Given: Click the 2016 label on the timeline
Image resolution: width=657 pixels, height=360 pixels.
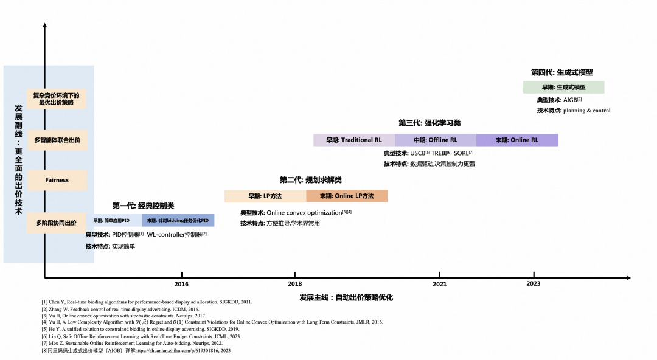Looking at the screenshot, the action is point(181,284).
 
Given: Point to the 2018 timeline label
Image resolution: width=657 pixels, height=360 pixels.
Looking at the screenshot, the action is point(295,284).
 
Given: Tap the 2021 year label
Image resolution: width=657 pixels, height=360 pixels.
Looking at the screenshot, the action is point(439,284).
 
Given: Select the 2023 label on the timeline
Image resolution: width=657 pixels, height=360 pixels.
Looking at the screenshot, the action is point(534,284).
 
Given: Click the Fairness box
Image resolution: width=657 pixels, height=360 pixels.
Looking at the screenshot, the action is point(57,180).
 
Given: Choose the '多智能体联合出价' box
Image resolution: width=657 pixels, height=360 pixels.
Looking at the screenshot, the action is point(57,140).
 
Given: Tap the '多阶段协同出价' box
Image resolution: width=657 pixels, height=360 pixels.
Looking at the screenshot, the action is point(57,223).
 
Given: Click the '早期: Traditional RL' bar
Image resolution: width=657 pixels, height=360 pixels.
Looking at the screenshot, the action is point(354,140).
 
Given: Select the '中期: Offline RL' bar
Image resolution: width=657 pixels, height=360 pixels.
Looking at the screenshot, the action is point(436,140).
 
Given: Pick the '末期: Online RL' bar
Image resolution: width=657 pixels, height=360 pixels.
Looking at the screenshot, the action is point(517,140).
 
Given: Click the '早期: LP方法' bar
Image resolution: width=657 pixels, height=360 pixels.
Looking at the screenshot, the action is point(265,196).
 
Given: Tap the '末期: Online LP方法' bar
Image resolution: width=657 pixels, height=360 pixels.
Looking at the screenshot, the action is point(347,196).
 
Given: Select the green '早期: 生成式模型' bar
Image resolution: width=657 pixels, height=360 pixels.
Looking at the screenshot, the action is point(564,87).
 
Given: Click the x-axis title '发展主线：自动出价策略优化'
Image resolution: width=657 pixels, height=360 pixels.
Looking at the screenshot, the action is point(347,297).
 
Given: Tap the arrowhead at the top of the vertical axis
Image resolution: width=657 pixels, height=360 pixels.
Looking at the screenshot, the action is point(45,26).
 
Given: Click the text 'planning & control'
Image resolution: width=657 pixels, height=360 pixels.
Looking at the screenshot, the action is point(587,111).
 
